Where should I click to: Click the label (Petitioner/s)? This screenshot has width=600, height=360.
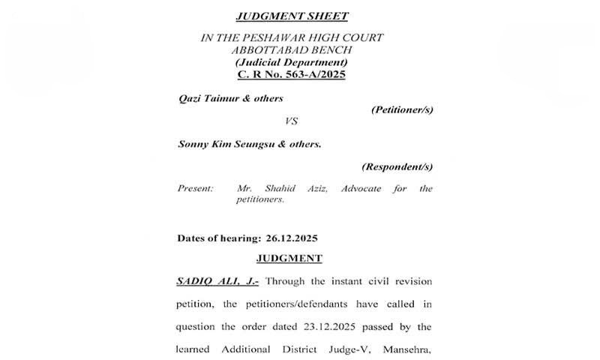[x=402, y=109]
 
